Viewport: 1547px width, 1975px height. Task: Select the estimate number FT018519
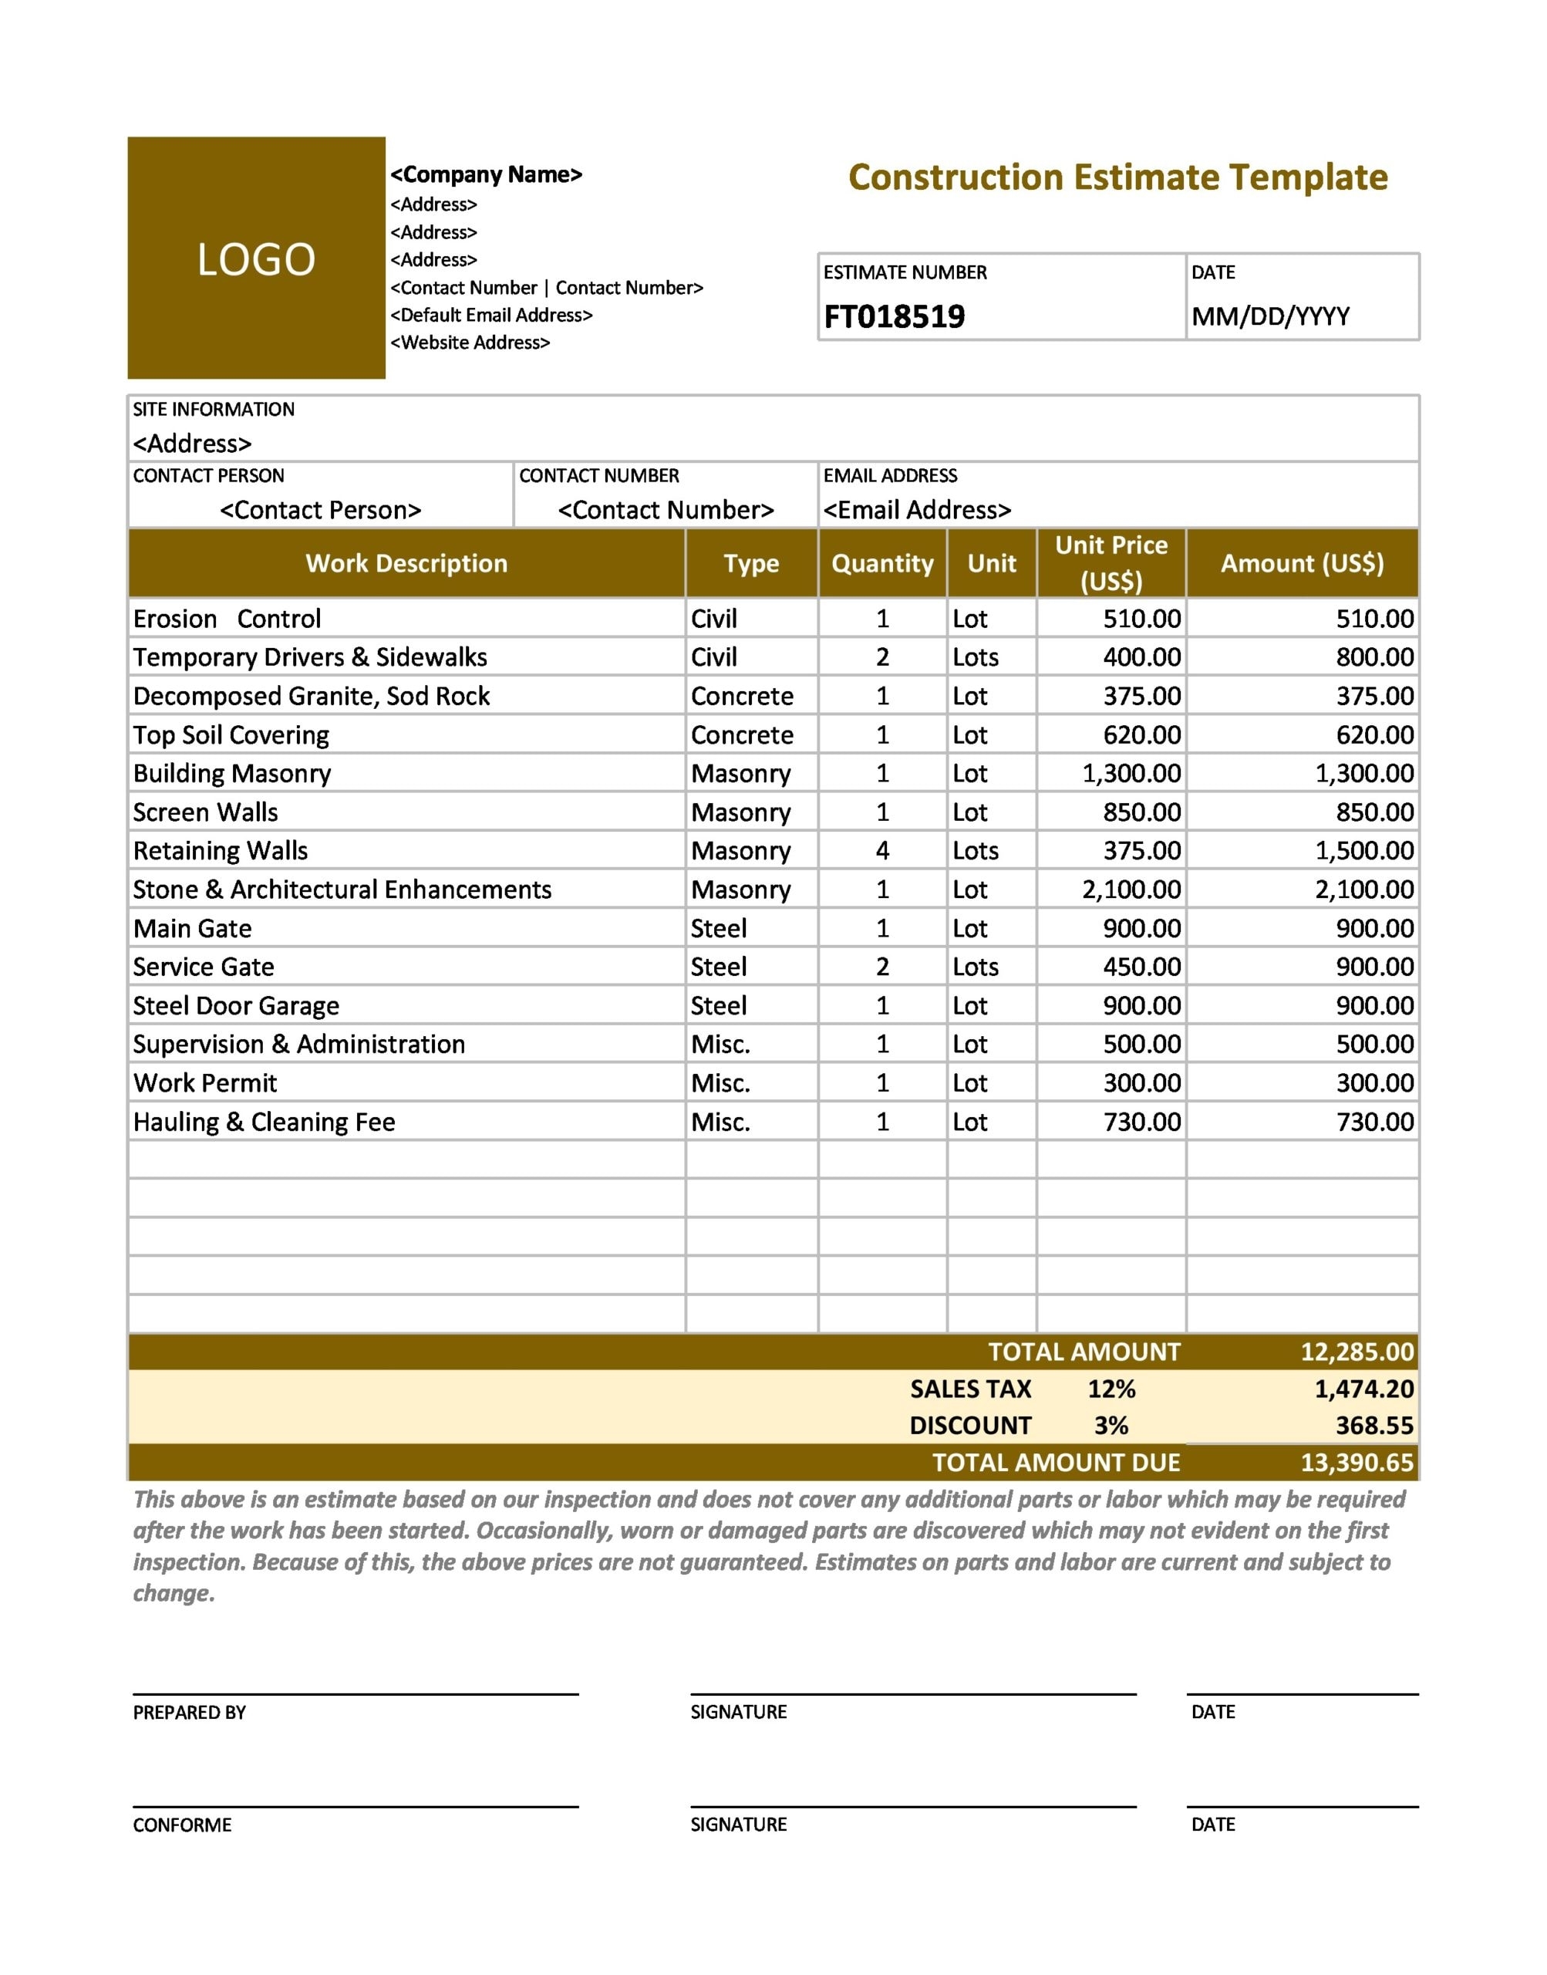pyautogui.click(x=894, y=317)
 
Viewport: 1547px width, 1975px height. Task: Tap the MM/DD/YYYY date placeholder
pyautogui.click(x=1270, y=317)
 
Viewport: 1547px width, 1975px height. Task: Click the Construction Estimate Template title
pyautogui.click(x=1117, y=177)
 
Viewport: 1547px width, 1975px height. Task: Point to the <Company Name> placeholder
pyautogui.click(x=487, y=175)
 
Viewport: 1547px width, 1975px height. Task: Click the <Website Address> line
pyautogui.click(x=470, y=343)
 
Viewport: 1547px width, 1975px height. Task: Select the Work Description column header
pyautogui.click(x=406, y=563)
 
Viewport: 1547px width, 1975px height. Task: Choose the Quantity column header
pyautogui.click(x=882, y=563)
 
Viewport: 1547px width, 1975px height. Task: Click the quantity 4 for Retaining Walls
pyautogui.click(x=882, y=851)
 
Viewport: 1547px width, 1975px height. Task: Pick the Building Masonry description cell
pyautogui.click(x=233, y=774)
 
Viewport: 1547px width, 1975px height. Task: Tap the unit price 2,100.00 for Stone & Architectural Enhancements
pyautogui.click(x=1131, y=890)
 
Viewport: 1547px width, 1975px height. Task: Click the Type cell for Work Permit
pyautogui.click(x=720, y=1083)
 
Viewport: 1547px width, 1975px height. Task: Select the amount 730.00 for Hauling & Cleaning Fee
pyautogui.click(x=1374, y=1123)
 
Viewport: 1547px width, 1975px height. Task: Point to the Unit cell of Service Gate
pyautogui.click(x=976, y=967)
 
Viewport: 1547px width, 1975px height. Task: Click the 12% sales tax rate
pyautogui.click(x=1111, y=1389)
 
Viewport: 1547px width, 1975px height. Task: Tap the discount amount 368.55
pyautogui.click(x=1374, y=1426)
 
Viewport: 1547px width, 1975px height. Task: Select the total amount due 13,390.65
pyautogui.click(x=1357, y=1464)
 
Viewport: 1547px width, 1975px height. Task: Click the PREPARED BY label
pyautogui.click(x=189, y=1713)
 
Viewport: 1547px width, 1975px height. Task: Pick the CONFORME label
pyautogui.click(x=182, y=1825)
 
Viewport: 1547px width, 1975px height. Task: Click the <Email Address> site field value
pyautogui.click(x=917, y=511)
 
